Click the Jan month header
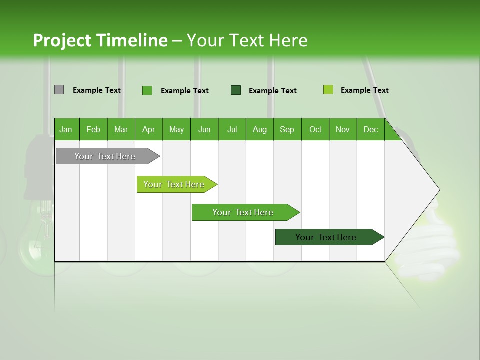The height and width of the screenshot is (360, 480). coord(66,129)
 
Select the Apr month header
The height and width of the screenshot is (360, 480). coord(148,129)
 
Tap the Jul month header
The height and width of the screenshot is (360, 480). coord(232,129)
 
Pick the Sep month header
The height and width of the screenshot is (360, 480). coord(287,129)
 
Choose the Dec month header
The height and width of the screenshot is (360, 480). coord(370,129)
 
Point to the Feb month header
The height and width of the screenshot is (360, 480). coord(93,129)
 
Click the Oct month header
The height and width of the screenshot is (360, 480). coord(315,129)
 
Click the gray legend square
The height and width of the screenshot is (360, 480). coord(59,90)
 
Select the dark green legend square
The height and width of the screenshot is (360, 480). coord(236,90)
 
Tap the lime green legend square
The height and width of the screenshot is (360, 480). coord(328,90)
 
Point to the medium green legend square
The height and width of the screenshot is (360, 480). coord(147,90)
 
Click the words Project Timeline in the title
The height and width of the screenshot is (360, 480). coord(100,40)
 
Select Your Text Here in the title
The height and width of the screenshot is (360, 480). coord(247,40)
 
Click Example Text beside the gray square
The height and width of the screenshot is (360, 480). coord(97,90)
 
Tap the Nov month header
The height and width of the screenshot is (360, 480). coord(343,129)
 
